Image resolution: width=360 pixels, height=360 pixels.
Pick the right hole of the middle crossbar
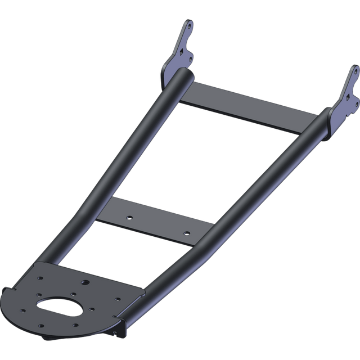(183, 231)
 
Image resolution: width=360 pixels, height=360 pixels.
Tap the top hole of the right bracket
(354, 71)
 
